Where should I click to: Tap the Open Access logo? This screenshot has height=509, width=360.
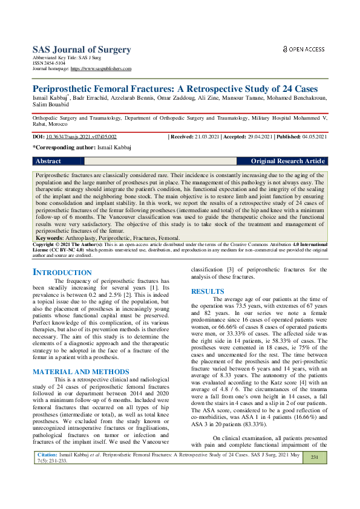pos(304,49)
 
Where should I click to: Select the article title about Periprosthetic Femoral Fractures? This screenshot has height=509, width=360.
pos(175,88)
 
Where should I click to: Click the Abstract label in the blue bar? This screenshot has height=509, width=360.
pos(48,161)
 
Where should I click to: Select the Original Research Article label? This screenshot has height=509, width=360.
pos(289,161)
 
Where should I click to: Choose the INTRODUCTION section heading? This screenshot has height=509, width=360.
pos(62,273)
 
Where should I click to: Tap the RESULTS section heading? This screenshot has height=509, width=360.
pos(208,291)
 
